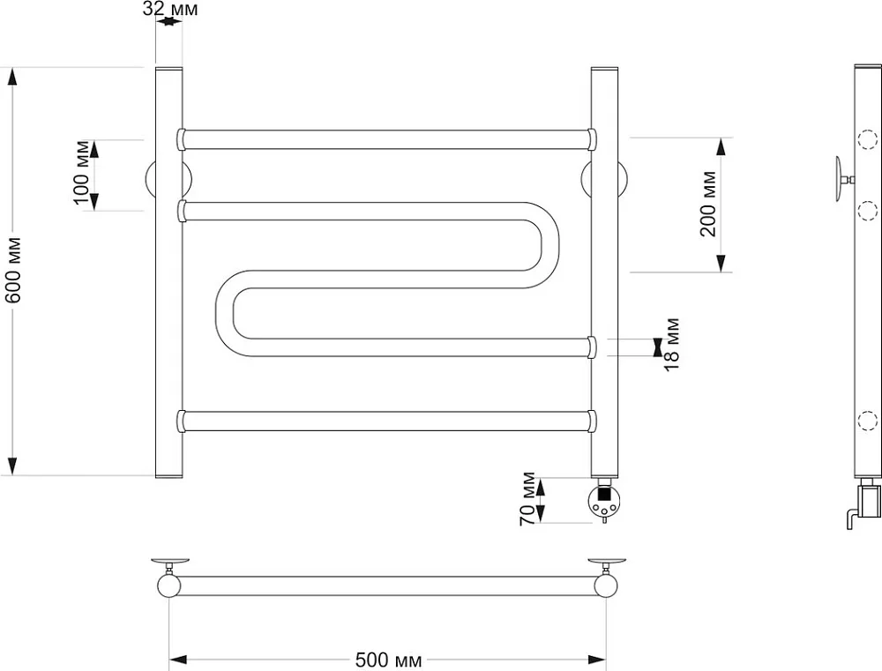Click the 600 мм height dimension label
13,270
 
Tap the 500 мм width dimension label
388,660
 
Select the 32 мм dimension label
170,9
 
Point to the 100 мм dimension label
82,173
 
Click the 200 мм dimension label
709,205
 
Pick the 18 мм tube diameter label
671,344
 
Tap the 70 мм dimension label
527,499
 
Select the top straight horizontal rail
387,139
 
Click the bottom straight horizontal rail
387,421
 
